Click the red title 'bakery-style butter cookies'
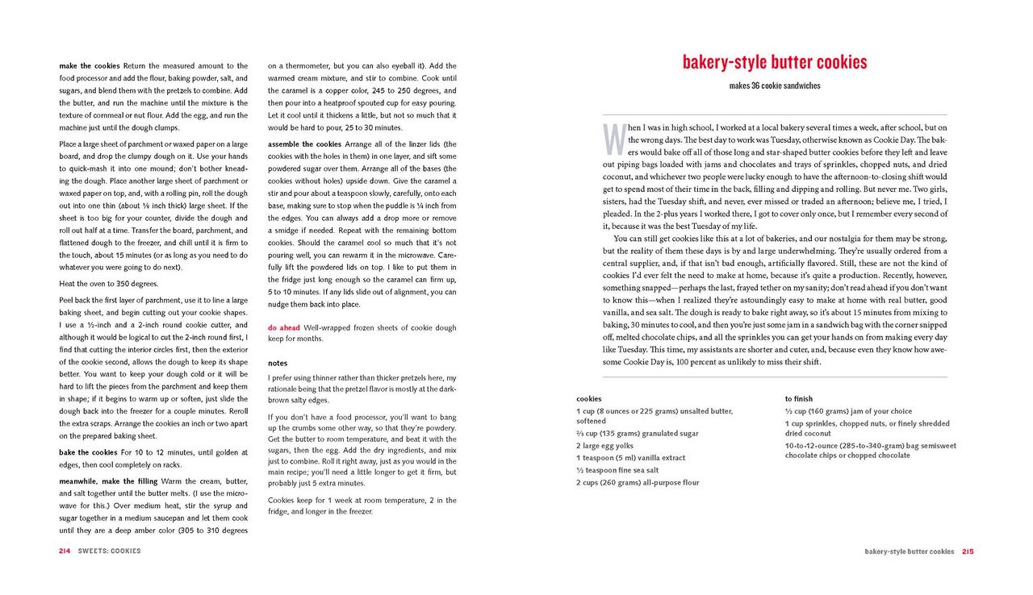[x=774, y=62]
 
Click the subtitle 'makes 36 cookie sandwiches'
[x=774, y=86]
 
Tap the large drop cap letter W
[x=613, y=139]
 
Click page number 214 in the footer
[x=65, y=551]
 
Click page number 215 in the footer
[x=967, y=552]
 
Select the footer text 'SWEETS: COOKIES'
[x=109, y=551]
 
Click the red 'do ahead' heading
[x=284, y=328]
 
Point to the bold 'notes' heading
[x=278, y=363]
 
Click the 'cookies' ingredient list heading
[x=588, y=399]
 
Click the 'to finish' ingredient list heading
[x=798, y=399]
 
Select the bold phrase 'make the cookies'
[x=89, y=66]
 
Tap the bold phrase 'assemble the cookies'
[x=305, y=144]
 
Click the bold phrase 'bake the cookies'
[x=88, y=452]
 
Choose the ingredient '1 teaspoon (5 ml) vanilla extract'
[x=630, y=458]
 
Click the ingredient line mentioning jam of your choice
[x=837, y=411]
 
